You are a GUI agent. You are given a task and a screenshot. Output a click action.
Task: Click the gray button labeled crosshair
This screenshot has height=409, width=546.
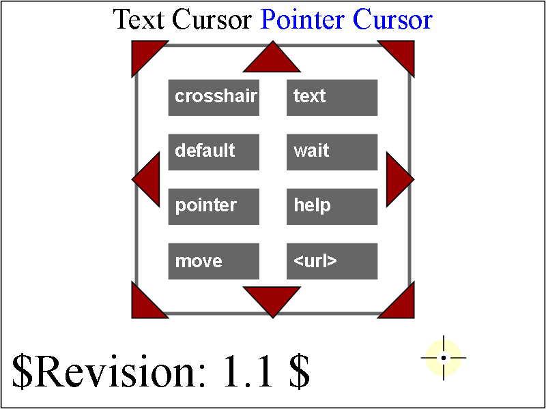[x=214, y=97]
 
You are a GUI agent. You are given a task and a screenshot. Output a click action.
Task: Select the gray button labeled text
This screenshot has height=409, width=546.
[x=332, y=97]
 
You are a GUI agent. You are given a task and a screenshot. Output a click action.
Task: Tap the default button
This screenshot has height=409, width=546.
[x=214, y=152]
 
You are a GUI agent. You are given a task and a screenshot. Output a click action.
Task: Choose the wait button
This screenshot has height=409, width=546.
[x=332, y=152]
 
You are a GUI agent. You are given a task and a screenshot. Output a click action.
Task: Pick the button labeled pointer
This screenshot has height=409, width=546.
[x=214, y=207]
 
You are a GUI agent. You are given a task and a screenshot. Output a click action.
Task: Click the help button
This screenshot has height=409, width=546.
[x=332, y=207]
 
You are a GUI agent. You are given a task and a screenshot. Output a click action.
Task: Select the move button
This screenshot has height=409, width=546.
[x=214, y=261]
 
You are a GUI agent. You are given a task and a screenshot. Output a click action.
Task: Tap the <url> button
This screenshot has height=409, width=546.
[x=332, y=261]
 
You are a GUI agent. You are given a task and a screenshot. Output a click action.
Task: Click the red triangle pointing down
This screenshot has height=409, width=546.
[x=272, y=297]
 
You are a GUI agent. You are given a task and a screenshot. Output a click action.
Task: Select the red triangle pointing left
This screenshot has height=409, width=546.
[x=150, y=179]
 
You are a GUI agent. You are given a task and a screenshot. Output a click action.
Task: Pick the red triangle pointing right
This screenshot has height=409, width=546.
[x=396, y=179]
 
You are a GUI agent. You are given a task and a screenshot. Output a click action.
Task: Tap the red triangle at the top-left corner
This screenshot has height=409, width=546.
[x=143, y=52]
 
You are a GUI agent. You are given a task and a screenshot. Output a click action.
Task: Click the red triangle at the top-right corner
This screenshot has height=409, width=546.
[x=402, y=52]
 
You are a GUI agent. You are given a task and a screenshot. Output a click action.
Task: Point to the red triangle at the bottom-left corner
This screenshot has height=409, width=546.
[x=143, y=306]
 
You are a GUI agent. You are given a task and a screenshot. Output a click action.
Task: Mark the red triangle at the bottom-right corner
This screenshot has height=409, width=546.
[x=402, y=306]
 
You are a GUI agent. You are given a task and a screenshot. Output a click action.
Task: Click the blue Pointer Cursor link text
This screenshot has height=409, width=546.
[x=347, y=20]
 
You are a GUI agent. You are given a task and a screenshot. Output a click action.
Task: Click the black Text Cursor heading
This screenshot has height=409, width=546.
[x=182, y=20]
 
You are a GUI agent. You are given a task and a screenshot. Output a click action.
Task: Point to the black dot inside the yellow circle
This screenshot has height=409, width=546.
[x=443, y=357]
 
